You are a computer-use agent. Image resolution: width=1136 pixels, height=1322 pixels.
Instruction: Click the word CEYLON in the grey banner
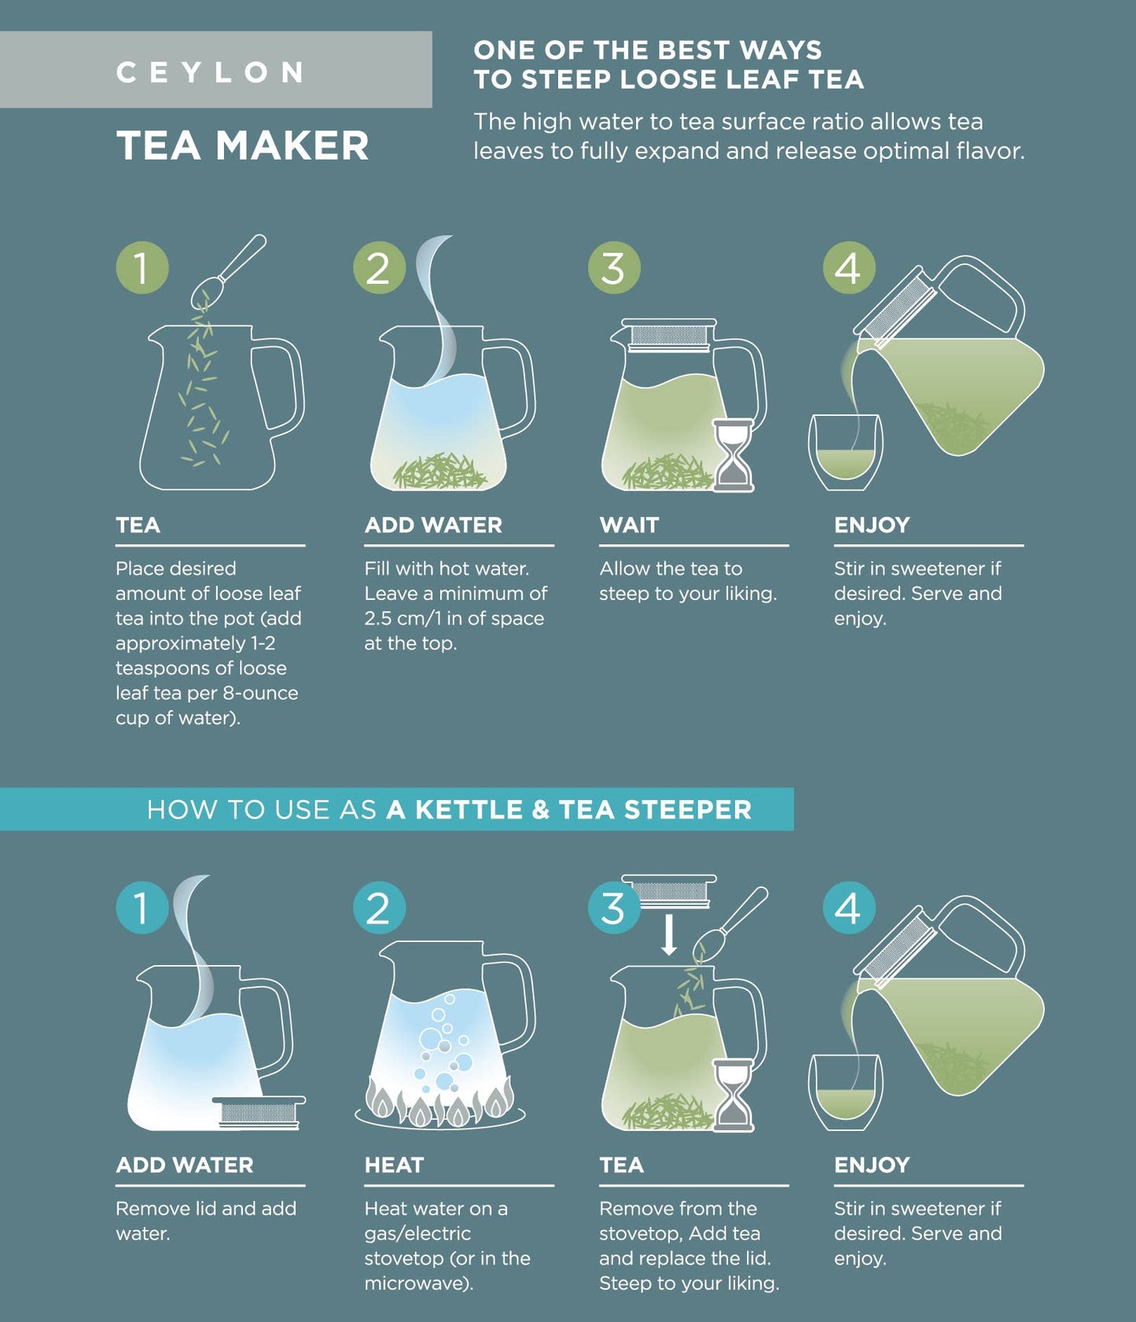click(x=211, y=72)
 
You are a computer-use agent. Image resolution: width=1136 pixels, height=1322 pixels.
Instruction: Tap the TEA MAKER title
click(x=242, y=146)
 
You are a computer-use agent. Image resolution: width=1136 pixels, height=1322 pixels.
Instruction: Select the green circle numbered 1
click(x=142, y=267)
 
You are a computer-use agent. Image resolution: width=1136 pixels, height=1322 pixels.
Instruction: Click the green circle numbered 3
click(x=614, y=267)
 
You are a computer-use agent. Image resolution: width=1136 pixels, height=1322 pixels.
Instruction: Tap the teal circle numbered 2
click(x=379, y=908)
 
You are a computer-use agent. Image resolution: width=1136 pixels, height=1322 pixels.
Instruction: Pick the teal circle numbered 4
click(x=848, y=908)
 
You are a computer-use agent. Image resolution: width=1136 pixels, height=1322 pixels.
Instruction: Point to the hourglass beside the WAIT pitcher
click(x=733, y=455)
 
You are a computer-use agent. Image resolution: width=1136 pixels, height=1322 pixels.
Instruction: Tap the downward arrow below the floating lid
click(x=669, y=934)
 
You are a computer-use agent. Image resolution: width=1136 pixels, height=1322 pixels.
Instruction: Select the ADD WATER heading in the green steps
click(x=433, y=525)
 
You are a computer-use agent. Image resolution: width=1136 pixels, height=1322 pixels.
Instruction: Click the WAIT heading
click(x=629, y=525)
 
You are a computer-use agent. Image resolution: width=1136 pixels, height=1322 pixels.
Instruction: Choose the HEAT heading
click(x=394, y=1165)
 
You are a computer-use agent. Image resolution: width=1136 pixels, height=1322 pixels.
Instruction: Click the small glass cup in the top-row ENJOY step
click(x=845, y=453)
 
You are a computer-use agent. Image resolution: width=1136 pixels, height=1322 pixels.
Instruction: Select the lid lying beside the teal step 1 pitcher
click(x=259, y=1112)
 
